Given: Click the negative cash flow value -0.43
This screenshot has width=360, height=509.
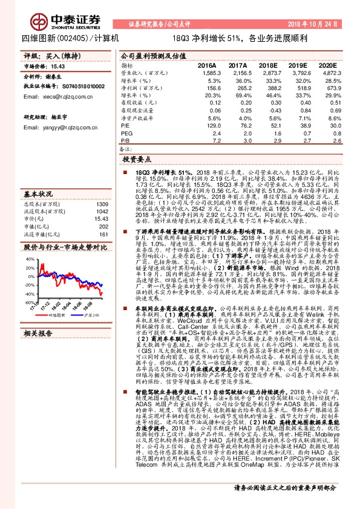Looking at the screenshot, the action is pyautogui.click(x=268, y=110).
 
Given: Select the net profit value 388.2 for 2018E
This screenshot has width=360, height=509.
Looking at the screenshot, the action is pyautogui.click(x=268, y=88).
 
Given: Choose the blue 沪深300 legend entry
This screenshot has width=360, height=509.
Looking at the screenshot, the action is pyautogui.click(x=90, y=315).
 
